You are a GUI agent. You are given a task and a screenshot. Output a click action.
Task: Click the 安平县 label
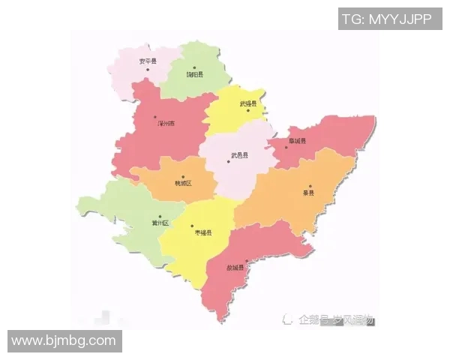pyautogui.click(x=148, y=61)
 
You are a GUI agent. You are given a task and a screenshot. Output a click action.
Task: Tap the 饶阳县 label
pyautogui.click(x=193, y=74)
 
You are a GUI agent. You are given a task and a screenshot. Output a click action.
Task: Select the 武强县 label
pyautogui.click(x=248, y=103)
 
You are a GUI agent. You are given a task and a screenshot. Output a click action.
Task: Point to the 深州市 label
pyautogui.click(x=166, y=124)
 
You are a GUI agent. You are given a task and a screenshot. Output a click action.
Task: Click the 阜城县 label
pyautogui.click(x=298, y=139)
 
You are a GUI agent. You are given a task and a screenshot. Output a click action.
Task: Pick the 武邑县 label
pyautogui.click(x=239, y=154)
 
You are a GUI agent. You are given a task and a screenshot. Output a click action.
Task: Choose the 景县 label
pyautogui.click(x=307, y=193)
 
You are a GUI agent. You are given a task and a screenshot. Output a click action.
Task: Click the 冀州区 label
pyautogui.click(x=160, y=223)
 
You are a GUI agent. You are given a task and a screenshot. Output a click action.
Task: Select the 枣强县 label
pyautogui.click(x=203, y=233)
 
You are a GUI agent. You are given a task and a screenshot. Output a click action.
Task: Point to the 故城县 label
pyautogui.click(x=235, y=268)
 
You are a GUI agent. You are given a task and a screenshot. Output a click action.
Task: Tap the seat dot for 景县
pyautogui.click(x=310, y=185)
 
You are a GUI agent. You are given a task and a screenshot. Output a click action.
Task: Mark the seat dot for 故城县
pyautogui.click(x=247, y=260)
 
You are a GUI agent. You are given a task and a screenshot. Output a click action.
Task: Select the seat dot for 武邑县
pyautogui.click(x=228, y=161)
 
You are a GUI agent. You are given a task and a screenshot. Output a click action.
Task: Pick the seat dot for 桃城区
pyautogui.click(x=182, y=177)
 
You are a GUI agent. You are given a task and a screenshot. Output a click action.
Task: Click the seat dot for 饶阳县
pyautogui.click(x=193, y=67)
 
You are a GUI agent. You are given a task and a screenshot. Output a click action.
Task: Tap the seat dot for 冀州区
pyautogui.click(x=159, y=217)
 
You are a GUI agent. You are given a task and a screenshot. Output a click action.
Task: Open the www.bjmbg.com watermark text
pyautogui.click(x=64, y=341)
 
